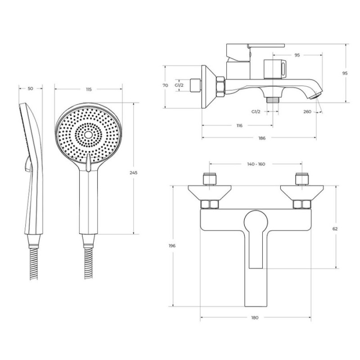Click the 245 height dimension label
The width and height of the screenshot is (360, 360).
pyautogui.click(x=133, y=173)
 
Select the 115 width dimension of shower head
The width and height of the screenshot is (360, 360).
pyautogui.click(x=89, y=89)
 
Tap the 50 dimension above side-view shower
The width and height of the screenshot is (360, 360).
pyautogui.click(x=31, y=89)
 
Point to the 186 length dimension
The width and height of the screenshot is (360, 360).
pyautogui.click(x=262, y=138)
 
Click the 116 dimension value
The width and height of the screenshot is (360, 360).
pyautogui.click(x=239, y=126)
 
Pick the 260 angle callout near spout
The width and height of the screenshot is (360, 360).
pyautogui.click(x=307, y=112)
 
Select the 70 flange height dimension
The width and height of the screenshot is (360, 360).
pyautogui.click(x=165, y=85)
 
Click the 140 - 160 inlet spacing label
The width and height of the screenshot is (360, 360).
pyautogui.click(x=256, y=164)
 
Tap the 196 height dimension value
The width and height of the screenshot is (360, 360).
pyautogui.click(x=172, y=246)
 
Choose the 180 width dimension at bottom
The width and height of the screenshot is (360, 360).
pyautogui.click(x=255, y=318)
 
